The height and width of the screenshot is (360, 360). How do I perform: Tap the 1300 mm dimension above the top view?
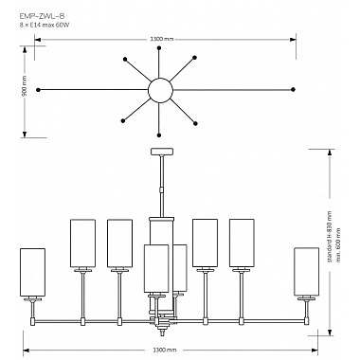coord(162,39)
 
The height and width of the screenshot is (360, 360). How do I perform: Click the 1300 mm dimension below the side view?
coord(163,351)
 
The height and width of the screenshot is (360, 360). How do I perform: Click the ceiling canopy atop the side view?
coord(163,152)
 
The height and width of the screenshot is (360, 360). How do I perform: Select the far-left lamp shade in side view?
coord(32,272)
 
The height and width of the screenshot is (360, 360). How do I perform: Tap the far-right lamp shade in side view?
coord(306,272)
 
